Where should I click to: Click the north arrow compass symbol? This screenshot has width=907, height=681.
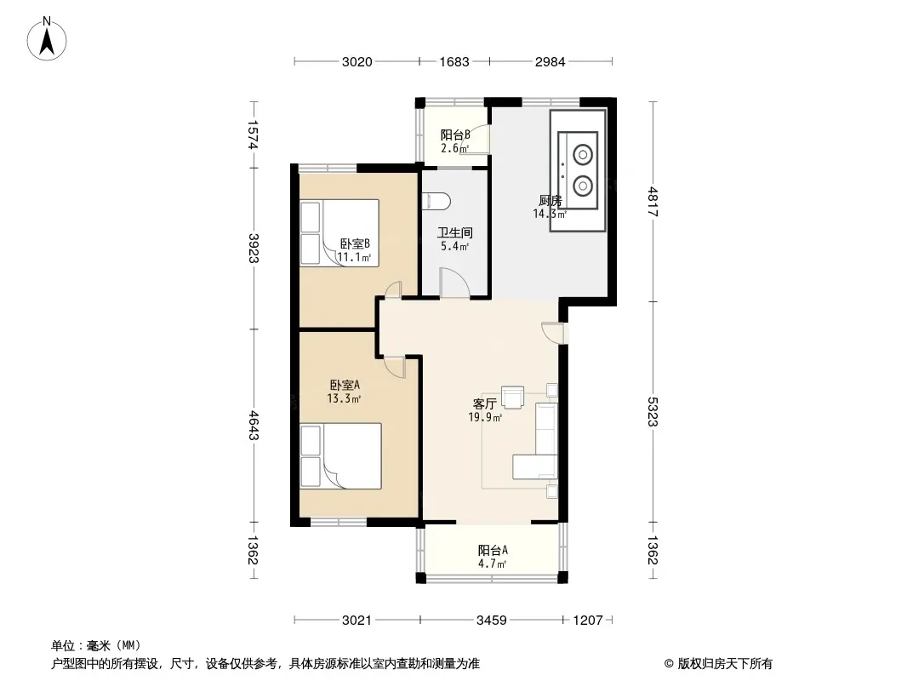[47, 38]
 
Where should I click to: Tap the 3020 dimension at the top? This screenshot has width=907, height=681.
[357, 62]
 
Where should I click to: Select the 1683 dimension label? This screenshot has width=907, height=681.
[454, 62]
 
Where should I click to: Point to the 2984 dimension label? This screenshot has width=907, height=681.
[550, 62]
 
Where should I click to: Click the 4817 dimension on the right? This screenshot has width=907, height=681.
[653, 202]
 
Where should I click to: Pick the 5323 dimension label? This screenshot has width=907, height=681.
[653, 411]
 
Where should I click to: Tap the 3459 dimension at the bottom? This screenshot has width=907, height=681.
[492, 621]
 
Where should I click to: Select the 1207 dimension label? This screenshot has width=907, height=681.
[588, 621]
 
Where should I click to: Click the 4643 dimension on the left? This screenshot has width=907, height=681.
[254, 425]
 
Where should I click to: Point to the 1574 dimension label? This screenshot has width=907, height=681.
[254, 134]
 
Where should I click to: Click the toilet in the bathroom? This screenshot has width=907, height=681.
[436, 201]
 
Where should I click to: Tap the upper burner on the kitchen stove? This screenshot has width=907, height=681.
[583, 155]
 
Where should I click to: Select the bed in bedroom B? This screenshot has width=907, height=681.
[339, 233]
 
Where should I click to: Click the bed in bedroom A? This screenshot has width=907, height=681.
[340, 456]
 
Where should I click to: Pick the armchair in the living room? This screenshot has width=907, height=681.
[512, 397]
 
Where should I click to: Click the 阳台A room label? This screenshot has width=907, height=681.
[493, 550]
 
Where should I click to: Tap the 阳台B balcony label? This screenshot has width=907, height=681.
[455, 134]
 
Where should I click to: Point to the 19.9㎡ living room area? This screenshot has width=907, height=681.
[485, 417]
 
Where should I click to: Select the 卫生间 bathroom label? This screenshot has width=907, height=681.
[455, 232]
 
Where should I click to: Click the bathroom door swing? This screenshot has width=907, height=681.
[455, 283]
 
